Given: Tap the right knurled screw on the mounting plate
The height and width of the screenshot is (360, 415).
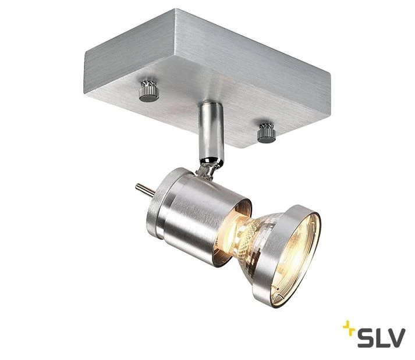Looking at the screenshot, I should click(266, 133).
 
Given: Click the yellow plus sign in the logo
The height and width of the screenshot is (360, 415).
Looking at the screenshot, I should click(349, 327).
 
